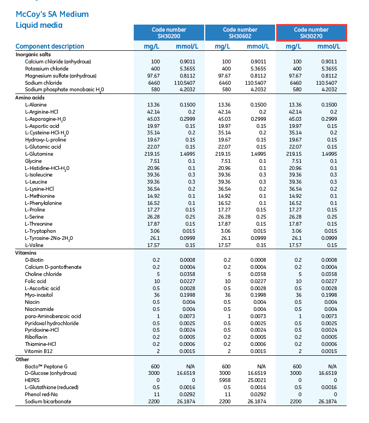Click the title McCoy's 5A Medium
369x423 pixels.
pos(52,14)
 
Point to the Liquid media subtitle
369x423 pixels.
pos(39,25)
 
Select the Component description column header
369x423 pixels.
pos(50,46)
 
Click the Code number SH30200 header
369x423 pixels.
pos(169,33)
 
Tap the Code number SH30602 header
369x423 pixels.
pos(240,33)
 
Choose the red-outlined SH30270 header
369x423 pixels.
pos(311,33)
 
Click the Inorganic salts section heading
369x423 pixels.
pos(33,55)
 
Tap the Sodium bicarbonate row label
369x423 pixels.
pos(48,402)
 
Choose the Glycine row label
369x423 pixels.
pos(33,161)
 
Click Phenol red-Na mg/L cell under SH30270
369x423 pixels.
pos(297,395)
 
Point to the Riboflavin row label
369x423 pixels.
pos(37,337)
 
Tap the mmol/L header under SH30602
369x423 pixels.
pos(257,46)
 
